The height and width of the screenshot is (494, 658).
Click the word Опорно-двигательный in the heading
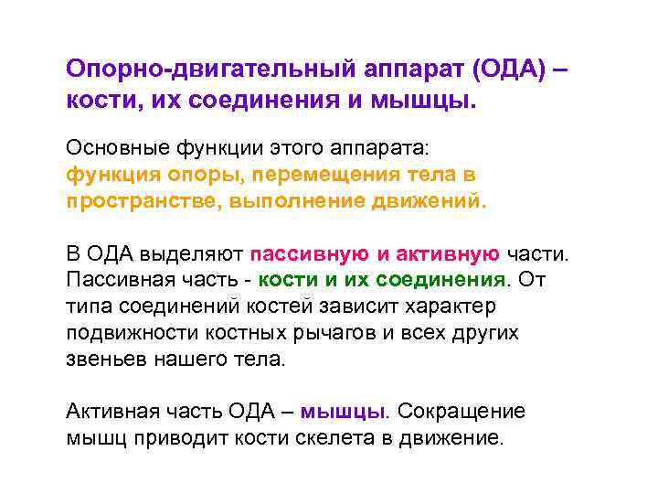point(183,70)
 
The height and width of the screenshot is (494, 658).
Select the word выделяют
point(191,253)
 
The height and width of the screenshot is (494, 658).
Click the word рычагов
point(338,333)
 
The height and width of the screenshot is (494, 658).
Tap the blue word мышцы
point(344,412)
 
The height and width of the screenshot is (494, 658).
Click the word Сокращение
point(462,412)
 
